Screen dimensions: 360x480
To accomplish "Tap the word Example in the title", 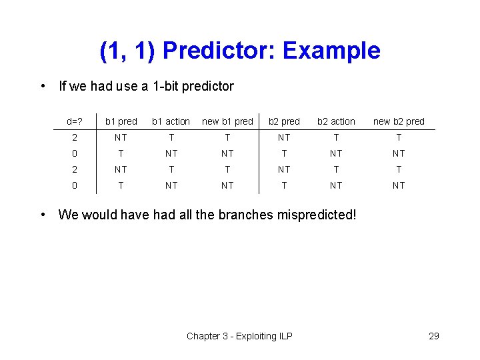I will pyautogui.click(x=331, y=51).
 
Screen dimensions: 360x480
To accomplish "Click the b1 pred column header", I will pyautogui.click(x=121, y=121).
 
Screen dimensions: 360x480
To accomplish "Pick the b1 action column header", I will pyautogui.click(x=171, y=121).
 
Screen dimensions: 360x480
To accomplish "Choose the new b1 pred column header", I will pyautogui.click(x=227, y=121).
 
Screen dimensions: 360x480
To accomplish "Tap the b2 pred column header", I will pyautogui.click(x=284, y=121).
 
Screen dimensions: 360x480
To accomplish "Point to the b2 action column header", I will pyautogui.click(x=336, y=121).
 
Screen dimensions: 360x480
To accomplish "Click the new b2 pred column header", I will pyautogui.click(x=399, y=121).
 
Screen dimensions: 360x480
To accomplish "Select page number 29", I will pyautogui.click(x=433, y=336).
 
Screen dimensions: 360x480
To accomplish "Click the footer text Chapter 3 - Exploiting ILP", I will pyautogui.click(x=239, y=336).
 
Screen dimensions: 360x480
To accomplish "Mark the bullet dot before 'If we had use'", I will pyautogui.click(x=43, y=86).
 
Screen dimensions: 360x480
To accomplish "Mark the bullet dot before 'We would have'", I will pyautogui.click(x=43, y=215).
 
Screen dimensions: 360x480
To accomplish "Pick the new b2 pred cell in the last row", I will pyautogui.click(x=399, y=185).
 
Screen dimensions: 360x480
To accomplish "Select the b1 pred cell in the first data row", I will pyautogui.click(x=121, y=137).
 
